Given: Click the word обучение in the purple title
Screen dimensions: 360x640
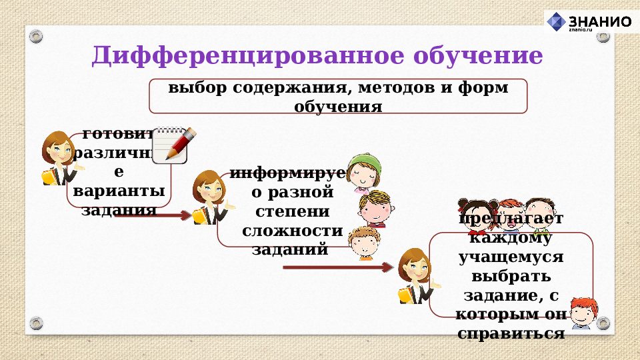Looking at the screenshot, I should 478,56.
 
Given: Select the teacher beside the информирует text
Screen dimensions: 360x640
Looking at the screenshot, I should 209,197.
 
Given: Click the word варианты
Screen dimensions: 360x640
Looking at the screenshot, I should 119,192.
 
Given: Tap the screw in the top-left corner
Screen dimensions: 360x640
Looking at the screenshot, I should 37,35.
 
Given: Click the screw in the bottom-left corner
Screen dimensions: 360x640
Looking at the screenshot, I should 37,323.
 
